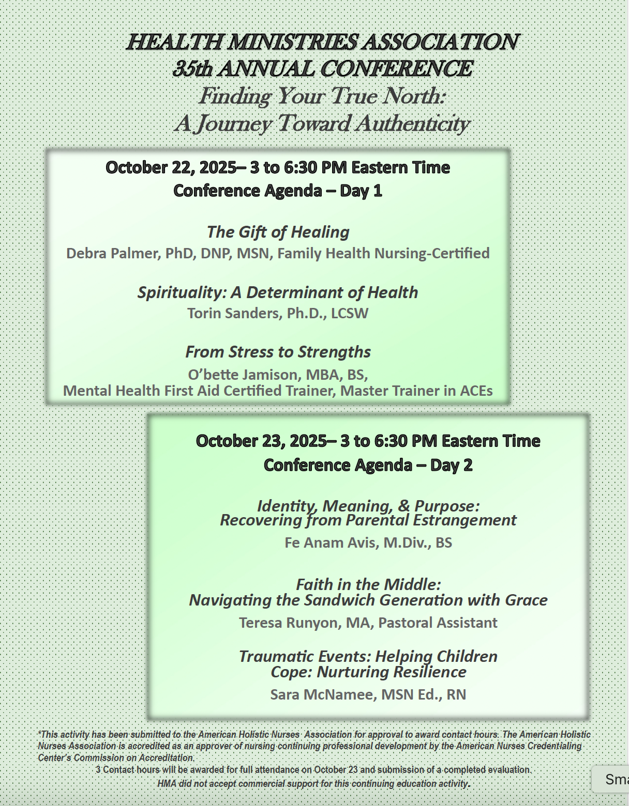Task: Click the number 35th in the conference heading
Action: pos(192,69)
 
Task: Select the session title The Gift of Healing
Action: pos(278,232)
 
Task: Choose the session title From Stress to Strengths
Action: pos(278,352)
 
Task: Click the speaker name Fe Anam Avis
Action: pos(331,542)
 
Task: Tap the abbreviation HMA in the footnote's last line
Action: pos(167,784)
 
